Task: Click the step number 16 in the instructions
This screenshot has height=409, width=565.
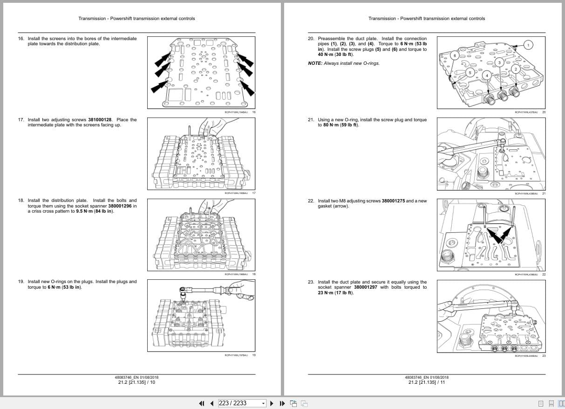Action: (x=20, y=39)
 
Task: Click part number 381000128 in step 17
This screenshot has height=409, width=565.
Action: (x=100, y=120)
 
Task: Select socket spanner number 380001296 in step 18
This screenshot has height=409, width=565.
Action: (x=121, y=206)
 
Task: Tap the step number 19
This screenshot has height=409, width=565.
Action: (x=20, y=282)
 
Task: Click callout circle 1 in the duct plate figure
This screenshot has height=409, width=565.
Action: (x=528, y=45)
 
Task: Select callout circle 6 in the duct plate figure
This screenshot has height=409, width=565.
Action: (x=455, y=56)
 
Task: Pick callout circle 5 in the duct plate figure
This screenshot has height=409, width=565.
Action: (x=470, y=72)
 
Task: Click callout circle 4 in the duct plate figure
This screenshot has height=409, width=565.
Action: (x=486, y=75)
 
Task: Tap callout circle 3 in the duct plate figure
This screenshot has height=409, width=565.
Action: (x=499, y=62)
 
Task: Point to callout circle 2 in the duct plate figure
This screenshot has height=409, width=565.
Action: (x=515, y=69)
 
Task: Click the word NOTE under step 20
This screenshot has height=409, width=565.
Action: (x=315, y=63)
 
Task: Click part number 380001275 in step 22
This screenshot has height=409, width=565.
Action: (x=393, y=201)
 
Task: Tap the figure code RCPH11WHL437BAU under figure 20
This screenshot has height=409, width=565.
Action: (x=526, y=112)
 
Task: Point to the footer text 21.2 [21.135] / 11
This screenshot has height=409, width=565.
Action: (x=426, y=382)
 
